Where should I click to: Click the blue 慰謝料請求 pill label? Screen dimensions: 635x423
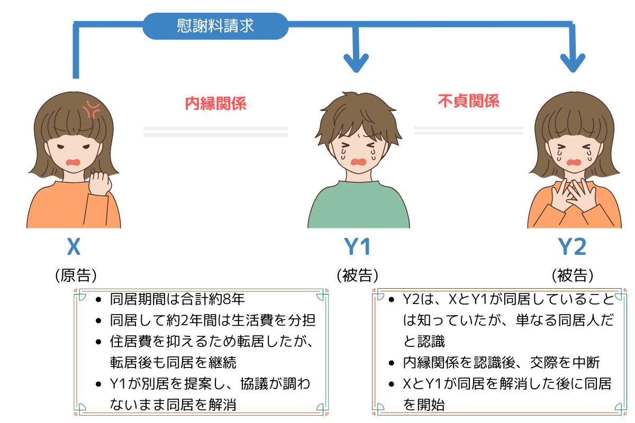coord(215,26)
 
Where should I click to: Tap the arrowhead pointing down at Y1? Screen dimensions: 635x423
coord(356,63)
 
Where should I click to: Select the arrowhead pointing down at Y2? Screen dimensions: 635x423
coord(573,63)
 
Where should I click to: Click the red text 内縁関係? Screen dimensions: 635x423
coord(215,104)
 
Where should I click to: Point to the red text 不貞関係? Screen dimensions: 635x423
coord(468,101)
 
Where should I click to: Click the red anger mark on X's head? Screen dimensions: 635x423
coord(91,109)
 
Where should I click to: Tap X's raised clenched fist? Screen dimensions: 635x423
coord(100,183)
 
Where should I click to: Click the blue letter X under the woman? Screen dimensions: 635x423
coord(74,246)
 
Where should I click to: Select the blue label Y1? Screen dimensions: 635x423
coord(357,246)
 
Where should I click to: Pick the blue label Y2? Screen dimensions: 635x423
coord(572,246)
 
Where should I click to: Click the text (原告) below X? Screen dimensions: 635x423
coord(76,275)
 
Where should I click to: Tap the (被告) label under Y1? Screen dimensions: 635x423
coord(358,275)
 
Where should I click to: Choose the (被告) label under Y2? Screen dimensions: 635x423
coord(573,275)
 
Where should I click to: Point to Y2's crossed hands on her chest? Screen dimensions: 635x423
coord(574,196)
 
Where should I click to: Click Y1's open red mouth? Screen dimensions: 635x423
coord(359,162)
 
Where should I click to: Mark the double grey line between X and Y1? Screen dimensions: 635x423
coord(215,132)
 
